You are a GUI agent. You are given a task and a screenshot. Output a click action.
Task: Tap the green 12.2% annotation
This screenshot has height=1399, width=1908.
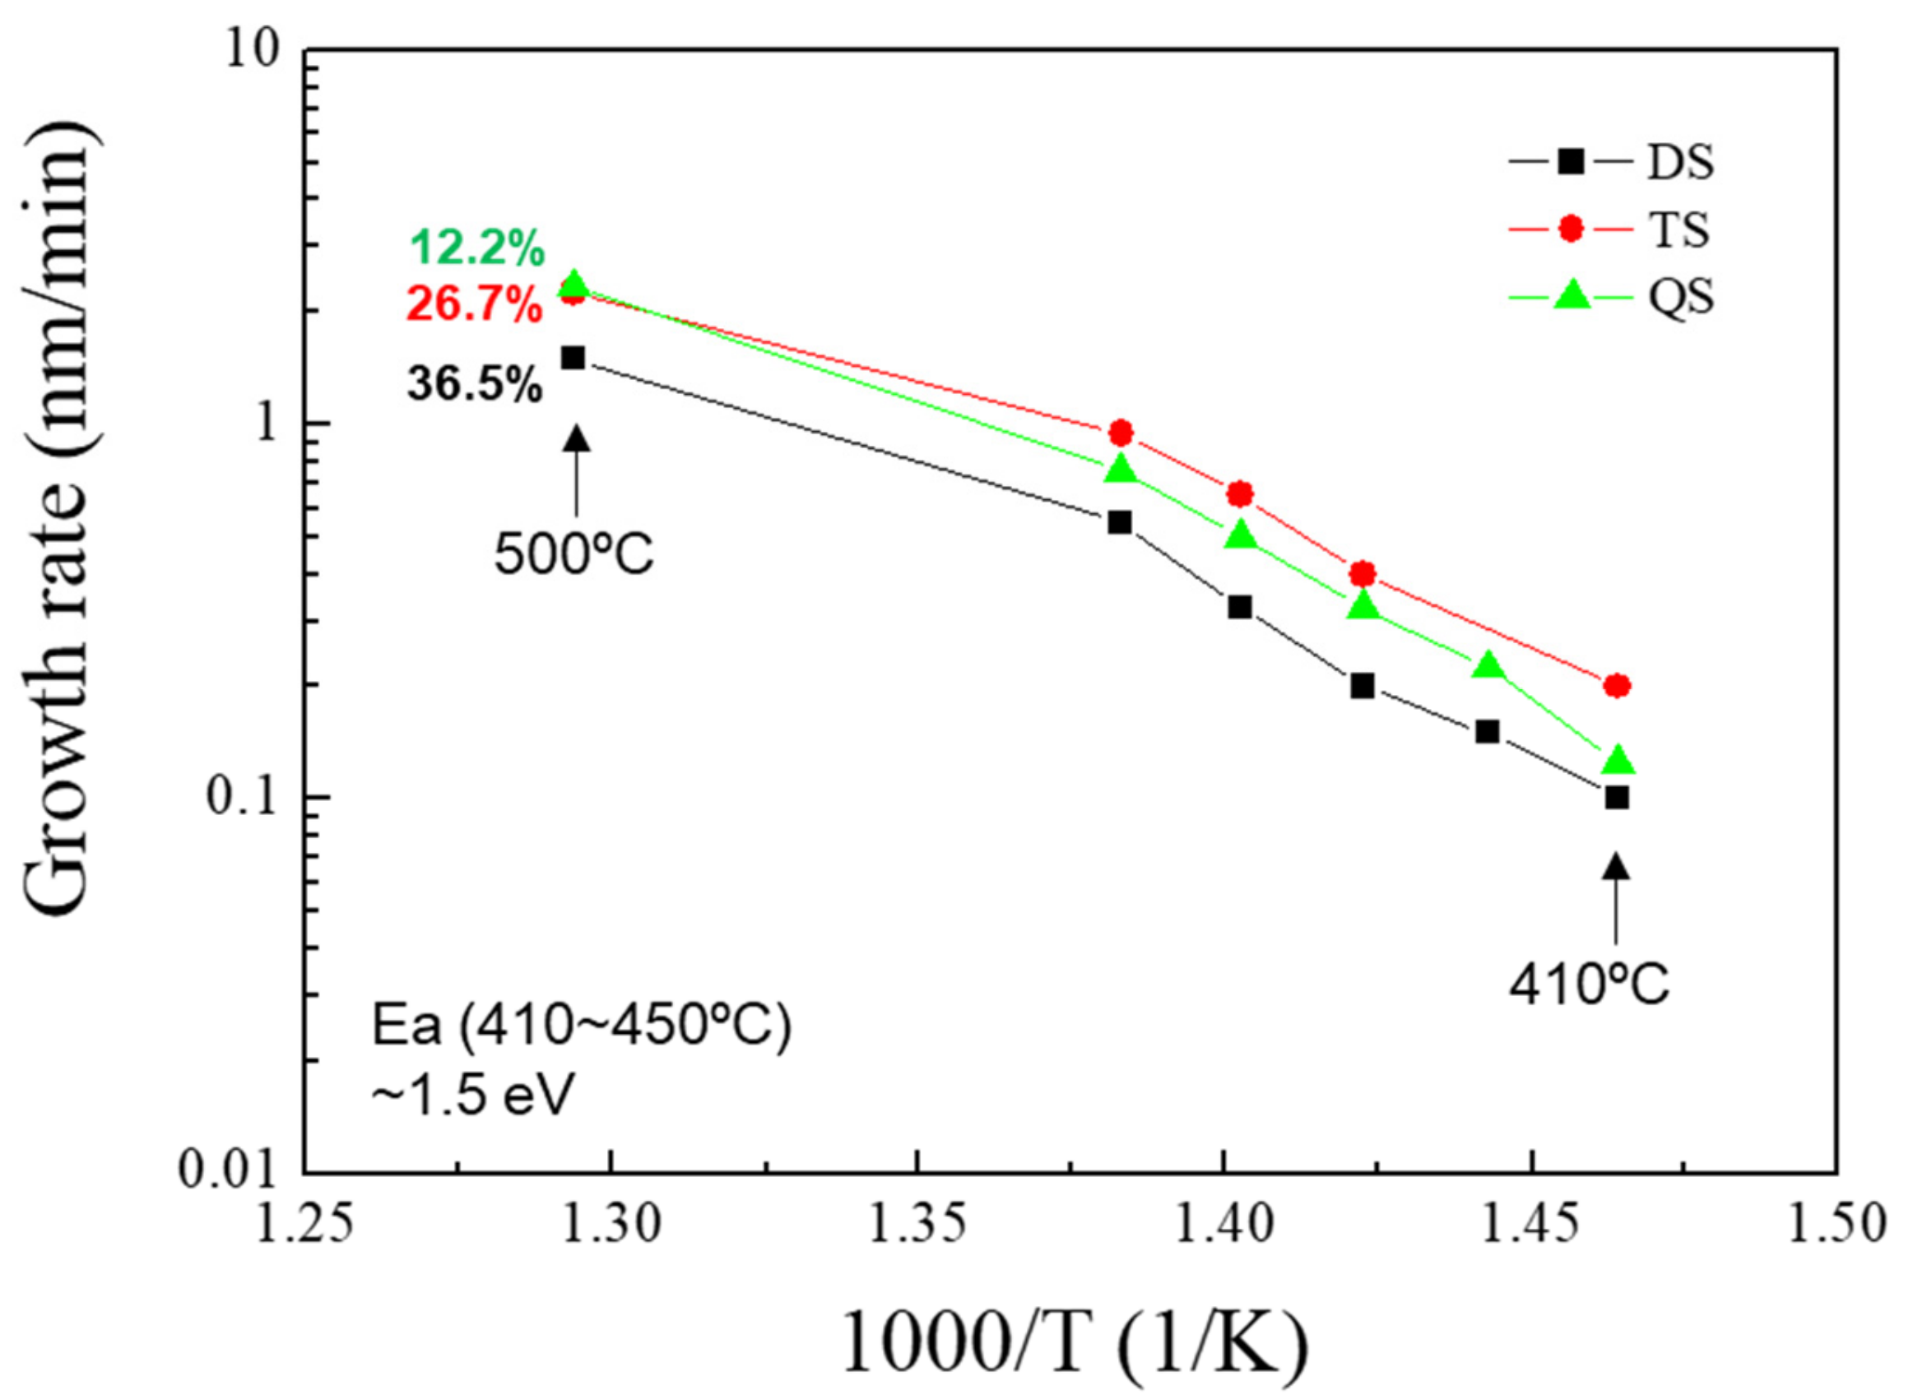point(478,249)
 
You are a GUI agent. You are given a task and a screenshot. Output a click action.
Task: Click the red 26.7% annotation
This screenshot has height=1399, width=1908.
point(475,305)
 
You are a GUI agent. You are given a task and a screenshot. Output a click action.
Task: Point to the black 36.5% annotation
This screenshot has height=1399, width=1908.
point(475,384)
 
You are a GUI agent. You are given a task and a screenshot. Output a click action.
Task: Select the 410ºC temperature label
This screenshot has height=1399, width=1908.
point(1590,986)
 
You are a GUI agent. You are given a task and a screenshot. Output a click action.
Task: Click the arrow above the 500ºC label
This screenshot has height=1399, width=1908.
point(577,470)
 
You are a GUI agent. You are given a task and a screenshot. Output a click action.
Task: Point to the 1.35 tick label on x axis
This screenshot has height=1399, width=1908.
point(917,1225)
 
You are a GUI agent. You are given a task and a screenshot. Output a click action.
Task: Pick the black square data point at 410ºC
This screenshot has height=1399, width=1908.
point(1617,798)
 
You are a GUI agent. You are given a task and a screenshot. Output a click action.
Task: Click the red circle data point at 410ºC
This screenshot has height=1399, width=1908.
point(1617,685)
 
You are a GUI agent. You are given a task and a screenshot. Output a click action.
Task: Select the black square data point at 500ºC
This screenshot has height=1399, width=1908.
point(573,359)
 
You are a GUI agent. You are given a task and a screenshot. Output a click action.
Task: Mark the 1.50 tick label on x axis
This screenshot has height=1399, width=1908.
point(1836,1225)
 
